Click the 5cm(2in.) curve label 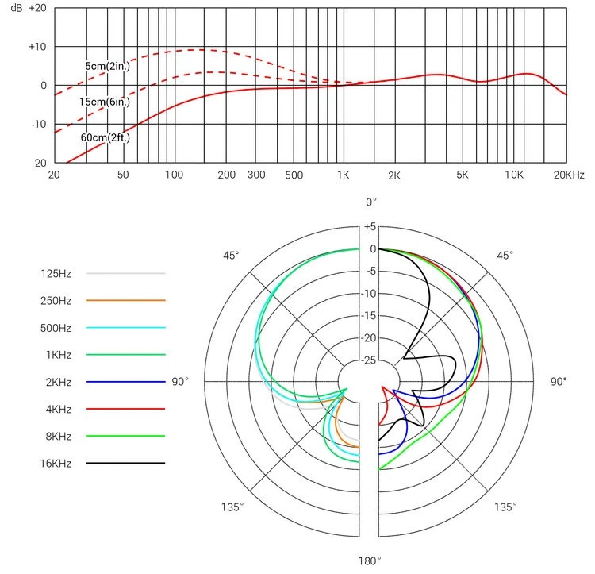(108, 66)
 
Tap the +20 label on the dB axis (38, 8)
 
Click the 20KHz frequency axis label (569, 175)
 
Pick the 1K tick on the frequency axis (343, 175)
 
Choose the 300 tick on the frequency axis (255, 175)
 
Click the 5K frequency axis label (463, 175)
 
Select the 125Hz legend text (56, 274)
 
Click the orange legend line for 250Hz (125, 301)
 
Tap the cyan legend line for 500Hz (125, 328)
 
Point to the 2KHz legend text (56, 382)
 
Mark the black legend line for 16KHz (125, 463)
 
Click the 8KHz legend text (56, 436)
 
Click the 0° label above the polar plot (370, 202)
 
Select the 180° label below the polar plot (370, 561)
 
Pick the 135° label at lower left (232, 507)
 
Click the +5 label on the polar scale (370, 227)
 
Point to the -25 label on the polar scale (370, 360)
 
